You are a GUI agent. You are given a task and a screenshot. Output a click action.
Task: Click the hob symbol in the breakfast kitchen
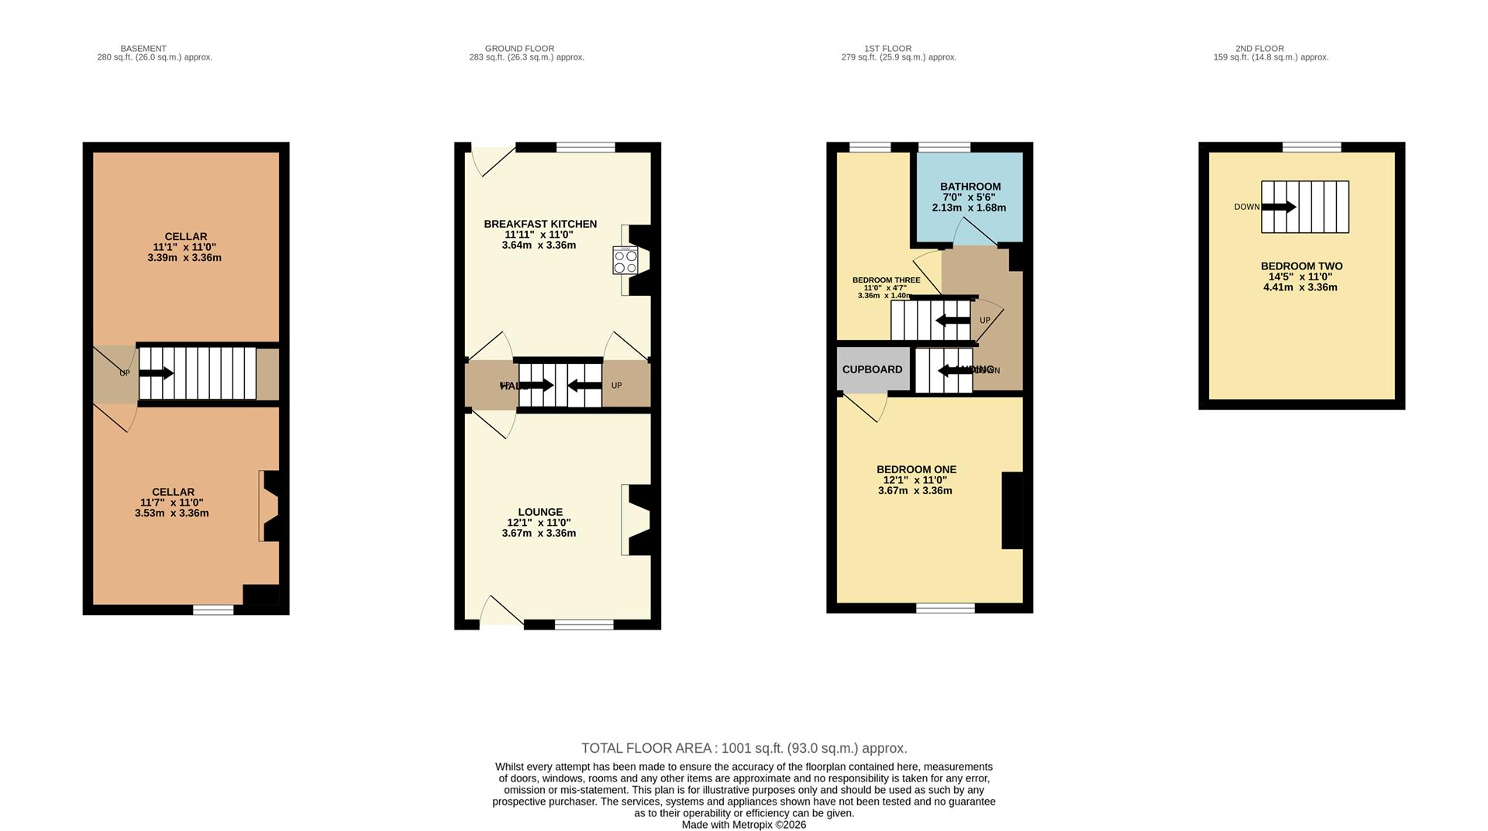pyautogui.click(x=625, y=260)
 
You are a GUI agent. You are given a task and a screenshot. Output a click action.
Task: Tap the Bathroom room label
pyautogui.click(x=970, y=187)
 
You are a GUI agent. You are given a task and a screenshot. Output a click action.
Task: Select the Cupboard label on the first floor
pyautogui.click(x=872, y=369)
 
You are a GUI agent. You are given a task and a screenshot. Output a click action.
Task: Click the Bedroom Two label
pyautogui.click(x=1301, y=266)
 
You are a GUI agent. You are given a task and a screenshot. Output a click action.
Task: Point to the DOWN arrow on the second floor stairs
pyautogui.click(x=1279, y=207)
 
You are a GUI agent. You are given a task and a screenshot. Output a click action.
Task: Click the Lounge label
pyautogui.click(x=540, y=512)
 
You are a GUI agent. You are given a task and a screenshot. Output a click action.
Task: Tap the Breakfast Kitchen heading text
pyautogui.click(x=540, y=224)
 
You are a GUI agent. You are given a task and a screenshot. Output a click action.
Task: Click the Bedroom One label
pyautogui.click(x=916, y=469)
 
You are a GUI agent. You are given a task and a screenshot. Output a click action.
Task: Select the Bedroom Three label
pyautogui.click(x=886, y=280)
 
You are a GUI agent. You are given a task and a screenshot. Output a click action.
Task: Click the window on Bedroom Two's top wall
pyautogui.click(x=1311, y=147)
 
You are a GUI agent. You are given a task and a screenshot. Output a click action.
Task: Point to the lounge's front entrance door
pyautogui.click(x=501, y=612)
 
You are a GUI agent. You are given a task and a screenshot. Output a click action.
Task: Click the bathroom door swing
pyautogui.click(x=973, y=232)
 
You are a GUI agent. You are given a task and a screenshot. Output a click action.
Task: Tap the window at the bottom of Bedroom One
pyautogui.click(x=945, y=609)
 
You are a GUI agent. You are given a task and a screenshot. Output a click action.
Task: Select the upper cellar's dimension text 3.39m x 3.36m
pyautogui.click(x=184, y=258)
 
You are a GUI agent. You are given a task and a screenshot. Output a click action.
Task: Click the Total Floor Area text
pyautogui.click(x=744, y=748)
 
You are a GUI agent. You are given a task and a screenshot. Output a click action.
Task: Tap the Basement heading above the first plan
pyautogui.click(x=143, y=48)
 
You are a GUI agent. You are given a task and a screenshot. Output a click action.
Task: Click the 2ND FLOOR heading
pyautogui.click(x=1259, y=48)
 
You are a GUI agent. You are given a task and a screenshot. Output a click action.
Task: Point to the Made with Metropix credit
pyautogui.click(x=743, y=825)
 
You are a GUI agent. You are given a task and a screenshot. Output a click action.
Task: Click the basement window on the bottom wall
pyautogui.click(x=213, y=610)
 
